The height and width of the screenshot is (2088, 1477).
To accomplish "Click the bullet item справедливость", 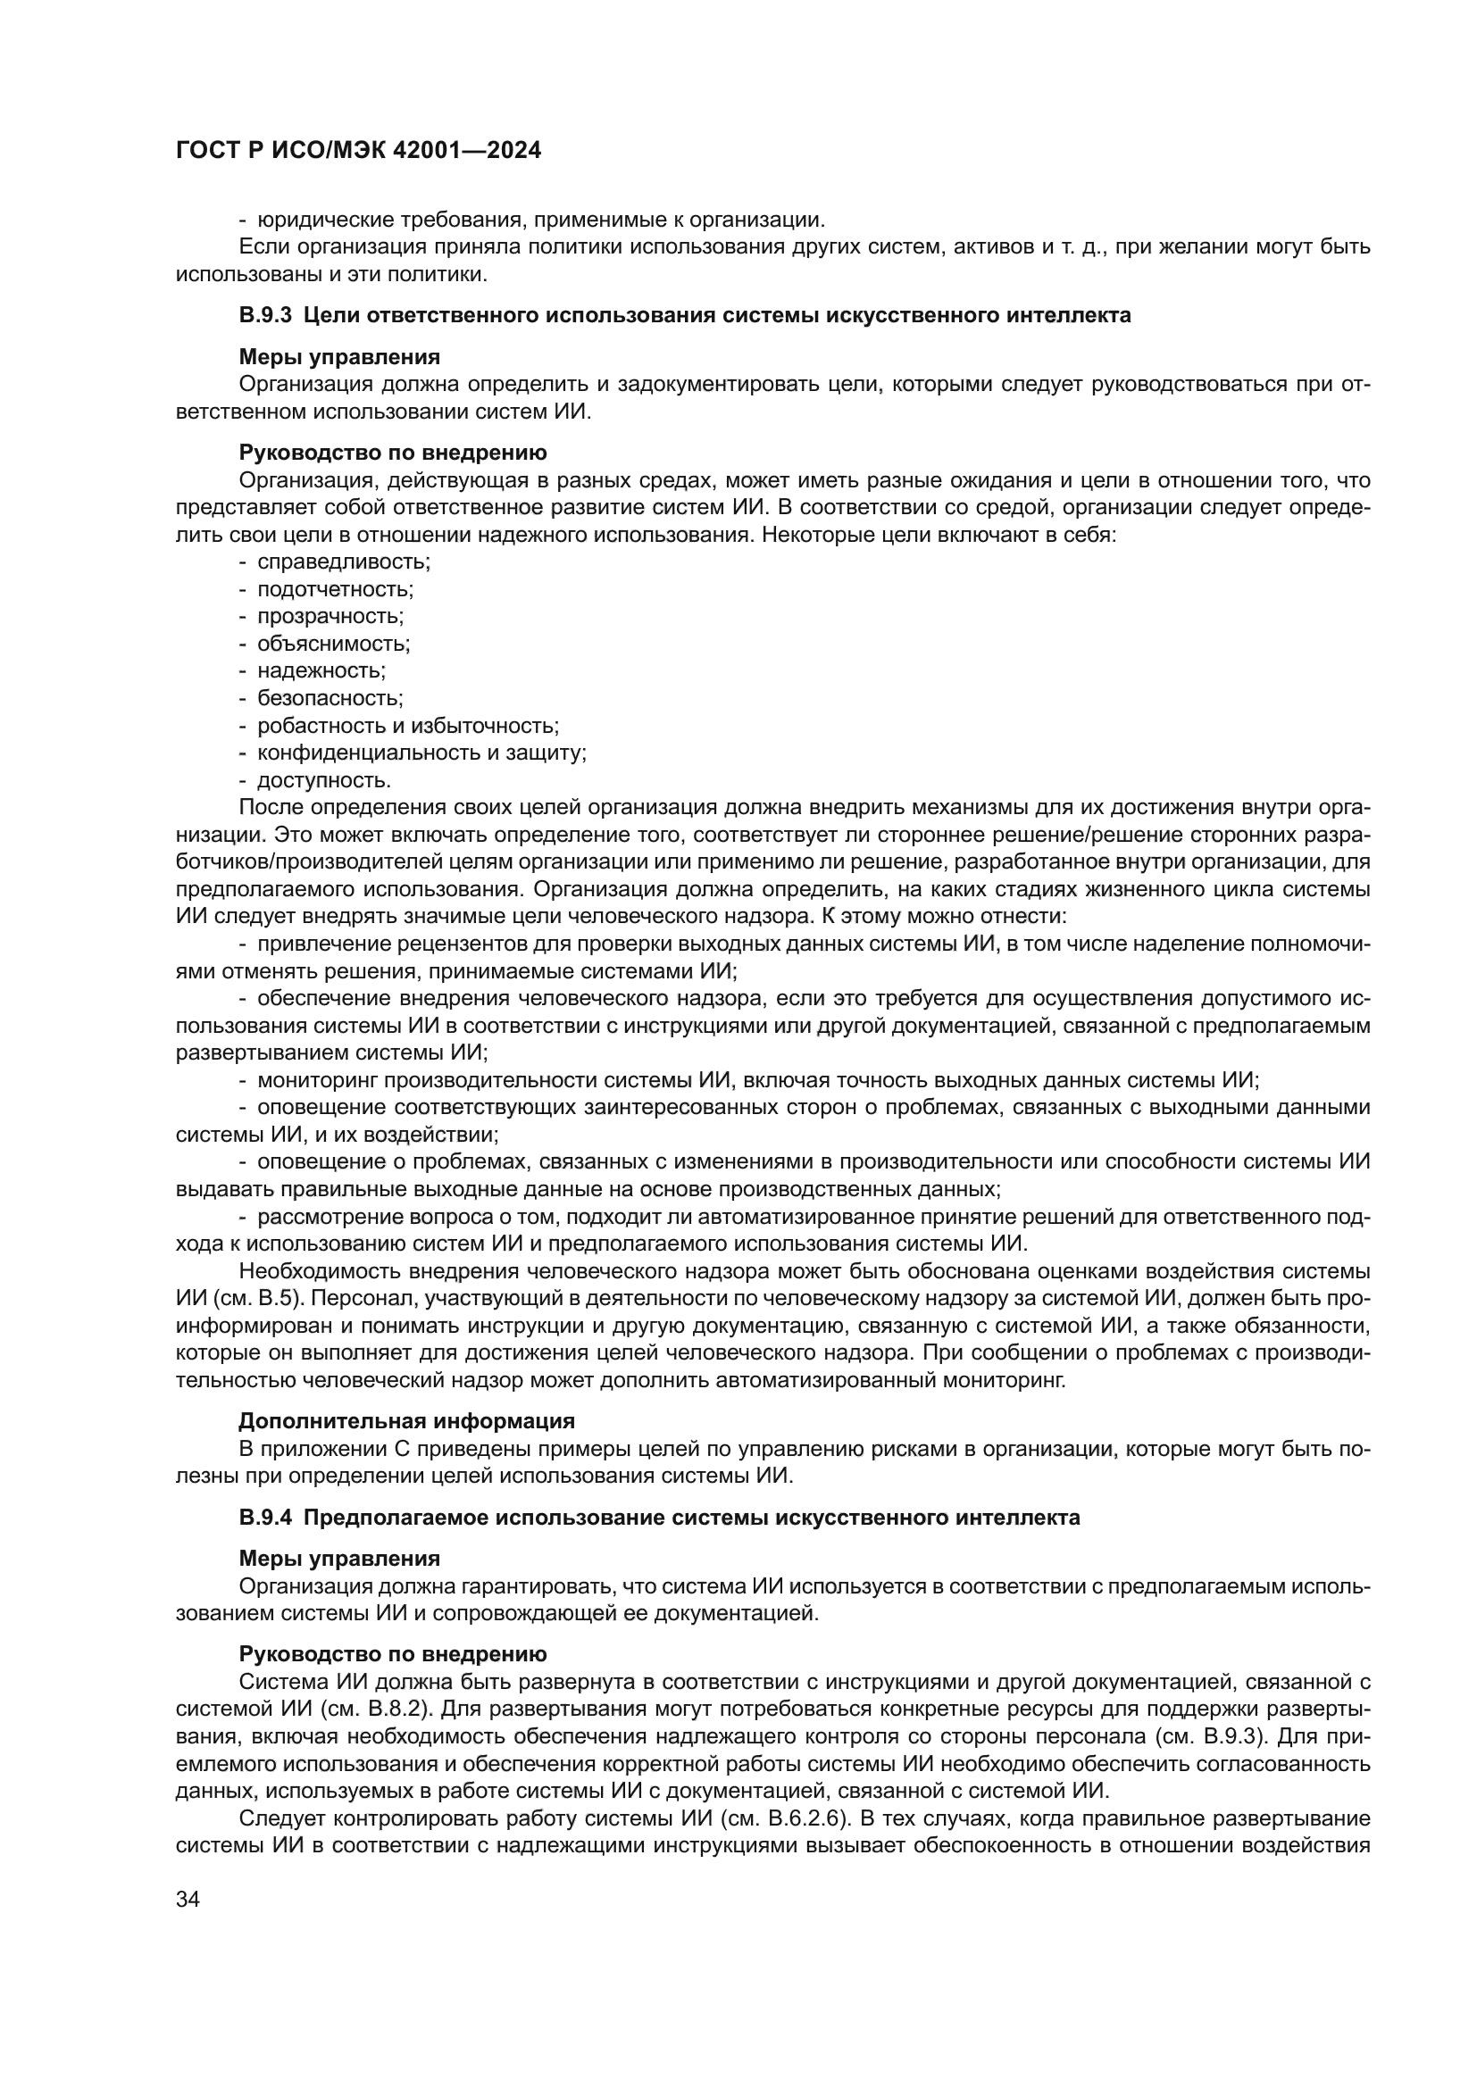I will coord(343,562).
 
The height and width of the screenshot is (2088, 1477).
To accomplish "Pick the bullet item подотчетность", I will coord(335,588).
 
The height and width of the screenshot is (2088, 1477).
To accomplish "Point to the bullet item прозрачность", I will coord(330,616).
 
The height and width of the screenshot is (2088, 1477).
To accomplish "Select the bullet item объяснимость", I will coord(334,644).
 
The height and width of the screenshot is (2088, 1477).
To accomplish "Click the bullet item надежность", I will coord(321,671).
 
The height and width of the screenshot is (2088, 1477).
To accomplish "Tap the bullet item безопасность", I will coord(330,698).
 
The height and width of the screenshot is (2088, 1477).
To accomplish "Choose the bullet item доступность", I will coord(324,780).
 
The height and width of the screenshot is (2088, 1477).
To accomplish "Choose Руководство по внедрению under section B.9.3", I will coord(393,453).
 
